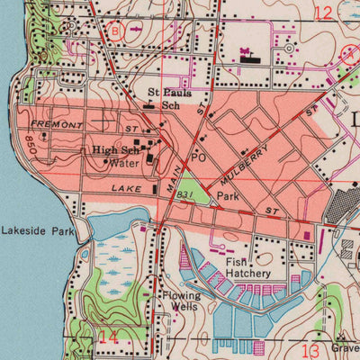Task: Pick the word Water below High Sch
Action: point(124,165)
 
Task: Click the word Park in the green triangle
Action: point(228,195)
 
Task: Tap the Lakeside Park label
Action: point(37,230)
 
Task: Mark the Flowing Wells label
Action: point(180,301)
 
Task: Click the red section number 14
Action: point(108,337)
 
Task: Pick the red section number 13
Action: point(311,349)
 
